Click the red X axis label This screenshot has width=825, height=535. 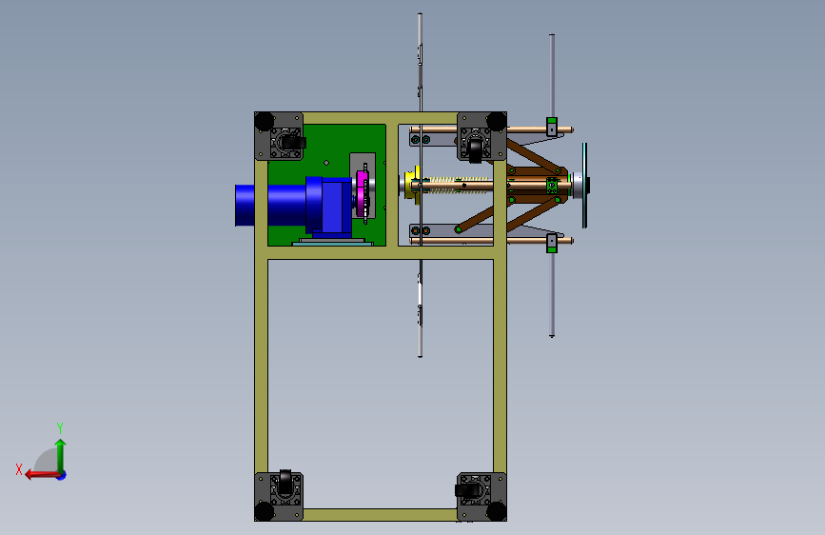(19, 469)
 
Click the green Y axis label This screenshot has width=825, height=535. (60, 427)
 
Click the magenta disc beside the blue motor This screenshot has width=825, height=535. (362, 193)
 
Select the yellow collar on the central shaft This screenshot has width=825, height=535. (411, 183)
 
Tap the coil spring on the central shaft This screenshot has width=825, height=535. (459, 185)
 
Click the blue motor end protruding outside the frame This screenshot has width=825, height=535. (245, 205)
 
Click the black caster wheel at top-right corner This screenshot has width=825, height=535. (475, 149)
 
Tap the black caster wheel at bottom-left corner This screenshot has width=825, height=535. (285, 482)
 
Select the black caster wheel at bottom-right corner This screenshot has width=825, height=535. (467, 491)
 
